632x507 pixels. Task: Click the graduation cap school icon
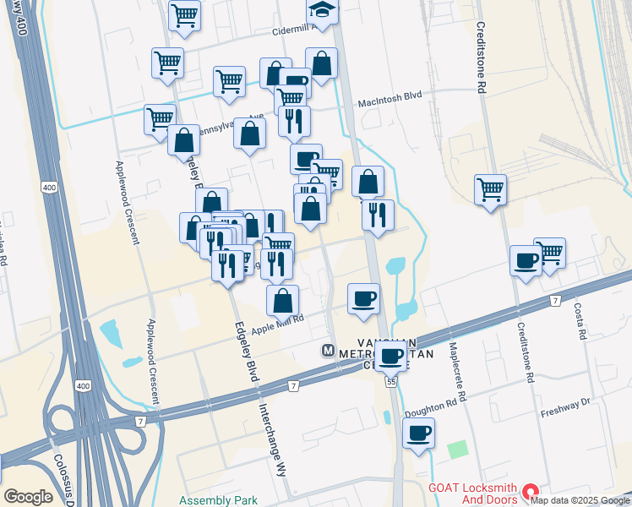coord(320,11)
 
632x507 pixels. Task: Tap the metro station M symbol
coord(328,350)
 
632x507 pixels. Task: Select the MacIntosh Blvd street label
coord(390,96)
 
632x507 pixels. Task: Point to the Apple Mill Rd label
coord(277,323)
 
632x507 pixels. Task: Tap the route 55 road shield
coord(391,383)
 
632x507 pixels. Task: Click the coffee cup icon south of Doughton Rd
coord(418,433)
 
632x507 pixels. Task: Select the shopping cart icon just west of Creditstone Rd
coord(490,189)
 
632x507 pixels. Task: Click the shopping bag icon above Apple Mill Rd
coord(282,300)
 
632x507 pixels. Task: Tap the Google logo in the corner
coord(28,497)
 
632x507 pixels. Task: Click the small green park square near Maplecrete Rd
coord(457,450)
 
